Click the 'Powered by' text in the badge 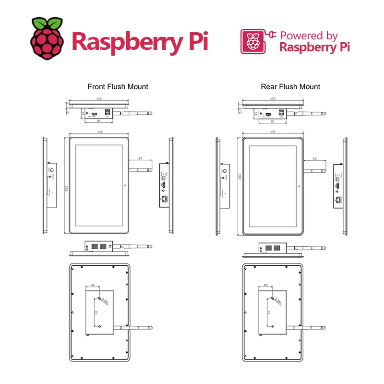(309, 36)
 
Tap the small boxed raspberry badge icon (252, 42)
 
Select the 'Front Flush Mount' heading (118, 87)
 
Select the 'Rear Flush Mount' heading (290, 87)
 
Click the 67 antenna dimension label (140, 158)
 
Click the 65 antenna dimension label (314, 158)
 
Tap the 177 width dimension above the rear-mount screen (273, 132)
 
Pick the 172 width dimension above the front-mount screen (99, 132)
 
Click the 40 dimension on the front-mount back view (92, 285)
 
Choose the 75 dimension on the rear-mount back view (268, 312)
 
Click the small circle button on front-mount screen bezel (125, 185)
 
